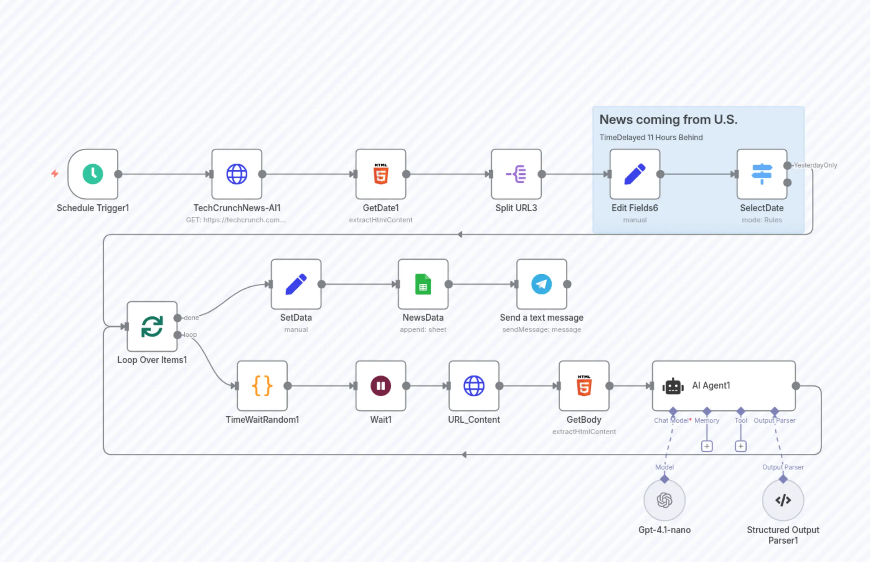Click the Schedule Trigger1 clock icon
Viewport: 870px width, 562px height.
[93, 174]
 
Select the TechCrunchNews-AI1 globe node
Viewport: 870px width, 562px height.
[237, 174]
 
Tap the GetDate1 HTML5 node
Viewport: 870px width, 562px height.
[381, 174]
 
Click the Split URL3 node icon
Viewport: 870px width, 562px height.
[516, 174]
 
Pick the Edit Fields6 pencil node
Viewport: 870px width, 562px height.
[635, 174]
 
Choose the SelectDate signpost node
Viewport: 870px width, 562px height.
[762, 174]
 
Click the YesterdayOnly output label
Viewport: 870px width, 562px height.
[815, 165]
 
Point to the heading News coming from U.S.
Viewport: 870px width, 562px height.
[668, 120]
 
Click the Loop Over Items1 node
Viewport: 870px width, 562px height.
[152, 326]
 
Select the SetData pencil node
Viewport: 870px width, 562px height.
[296, 284]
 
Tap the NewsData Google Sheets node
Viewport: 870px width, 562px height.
[423, 284]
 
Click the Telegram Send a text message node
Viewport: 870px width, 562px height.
[541, 284]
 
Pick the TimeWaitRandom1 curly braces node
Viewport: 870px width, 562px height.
[262, 386]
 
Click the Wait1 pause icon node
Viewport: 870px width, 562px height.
[381, 386]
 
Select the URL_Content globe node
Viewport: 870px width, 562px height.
[474, 386]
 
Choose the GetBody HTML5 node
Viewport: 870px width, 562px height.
[584, 386]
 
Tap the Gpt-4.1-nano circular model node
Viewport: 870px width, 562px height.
[664, 500]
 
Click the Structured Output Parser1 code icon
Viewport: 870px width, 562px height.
[783, 500]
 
